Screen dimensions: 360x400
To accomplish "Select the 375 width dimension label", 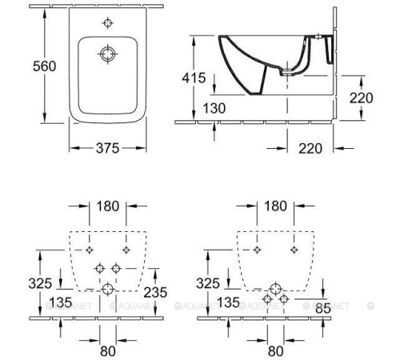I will [107, 148].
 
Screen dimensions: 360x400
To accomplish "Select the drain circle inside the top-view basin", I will [107, 54].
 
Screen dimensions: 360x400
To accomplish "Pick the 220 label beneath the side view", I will [310, 147].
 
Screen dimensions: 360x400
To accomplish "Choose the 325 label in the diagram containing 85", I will [207, 283].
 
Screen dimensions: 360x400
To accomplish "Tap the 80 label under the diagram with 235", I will [107, 350].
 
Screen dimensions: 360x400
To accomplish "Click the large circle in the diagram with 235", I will [107, 289].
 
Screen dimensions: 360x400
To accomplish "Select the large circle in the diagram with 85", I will [274, 289].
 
